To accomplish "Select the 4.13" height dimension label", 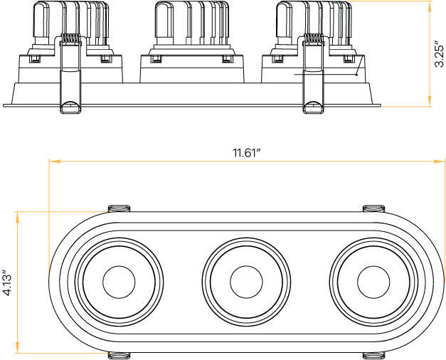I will point(7,282).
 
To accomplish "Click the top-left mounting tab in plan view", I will point(119,208).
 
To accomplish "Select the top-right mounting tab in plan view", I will point(374,208).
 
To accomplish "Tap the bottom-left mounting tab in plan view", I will point(119,355).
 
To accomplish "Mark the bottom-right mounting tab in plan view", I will point(374,355).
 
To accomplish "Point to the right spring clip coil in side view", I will point(314,39).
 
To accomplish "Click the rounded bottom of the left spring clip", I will point(70,108).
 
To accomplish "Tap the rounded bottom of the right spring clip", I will point(313,108).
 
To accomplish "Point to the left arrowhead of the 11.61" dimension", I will point(51,161).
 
